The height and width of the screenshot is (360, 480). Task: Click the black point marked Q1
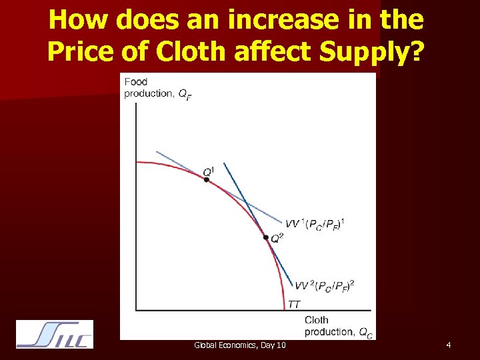pyautogui.click(x=206, y=179)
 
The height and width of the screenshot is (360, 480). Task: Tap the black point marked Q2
pyautogui.click(x=266, y=237)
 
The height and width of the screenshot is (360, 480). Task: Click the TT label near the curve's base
pyautogui.click(x=294, y=305)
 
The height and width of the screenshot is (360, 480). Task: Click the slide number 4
pyautogui.click(x=449, y=345)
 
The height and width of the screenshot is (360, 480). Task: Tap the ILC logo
pyautogui.click(x=55, y=334)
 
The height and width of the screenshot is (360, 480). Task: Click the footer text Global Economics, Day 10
pyautogui.click(x=240, y=345)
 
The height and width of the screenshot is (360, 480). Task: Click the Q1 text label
pyautogui.click(x=209, y=172)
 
